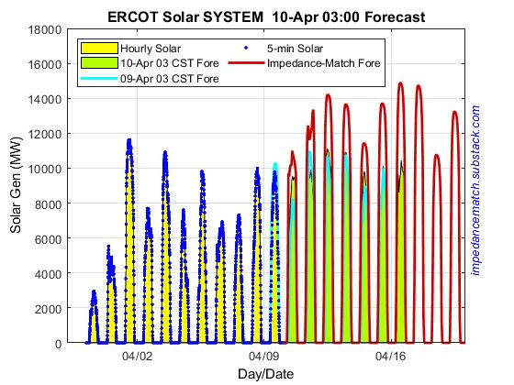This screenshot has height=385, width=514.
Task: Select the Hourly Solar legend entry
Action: [x=137, y=47]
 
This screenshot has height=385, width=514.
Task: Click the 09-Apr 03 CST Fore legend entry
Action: [x=152, y=79]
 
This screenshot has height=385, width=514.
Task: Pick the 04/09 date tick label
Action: [x=264, y=358]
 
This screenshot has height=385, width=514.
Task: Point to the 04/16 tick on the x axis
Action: [x=391, y=358]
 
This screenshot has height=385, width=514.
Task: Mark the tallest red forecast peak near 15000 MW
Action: [x=400, y=83]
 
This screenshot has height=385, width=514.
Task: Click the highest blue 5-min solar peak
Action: [x=129, y=141]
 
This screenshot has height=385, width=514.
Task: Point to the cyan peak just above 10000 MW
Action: [x=274, y=164]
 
